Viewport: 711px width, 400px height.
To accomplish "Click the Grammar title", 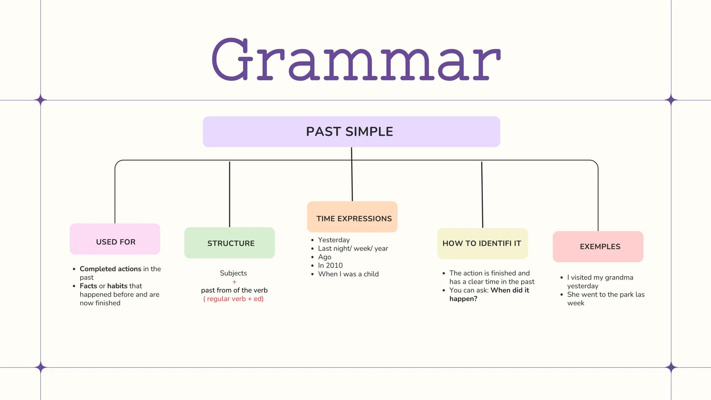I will [x=356, y=59].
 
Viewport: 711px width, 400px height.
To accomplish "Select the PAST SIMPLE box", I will [x=351, y=132].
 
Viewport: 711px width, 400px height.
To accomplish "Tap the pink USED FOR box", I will [x=115, y=239].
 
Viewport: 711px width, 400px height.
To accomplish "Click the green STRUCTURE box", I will [x=229, y=243].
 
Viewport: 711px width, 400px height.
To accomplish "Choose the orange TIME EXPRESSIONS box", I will [x=352, y=217].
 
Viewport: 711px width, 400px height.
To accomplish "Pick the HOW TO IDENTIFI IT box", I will [x=482, y=244].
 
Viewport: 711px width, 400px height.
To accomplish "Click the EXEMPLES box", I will [x=598, y=247].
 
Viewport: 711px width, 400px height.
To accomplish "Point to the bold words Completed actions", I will [x=110, y=269].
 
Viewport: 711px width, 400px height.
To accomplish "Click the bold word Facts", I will [x=88, y=286].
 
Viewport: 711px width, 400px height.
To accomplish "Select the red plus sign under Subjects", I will [x=234, y=282].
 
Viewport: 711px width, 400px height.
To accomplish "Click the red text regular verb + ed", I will [x=233, y=299].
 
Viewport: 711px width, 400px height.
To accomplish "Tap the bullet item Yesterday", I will [x=333, y=240].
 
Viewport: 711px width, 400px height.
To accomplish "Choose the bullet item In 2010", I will [x=330, y=266].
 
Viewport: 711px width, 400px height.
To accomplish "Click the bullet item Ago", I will [x=325, y=257].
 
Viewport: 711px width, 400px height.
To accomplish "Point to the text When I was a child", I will [x=348, y=274].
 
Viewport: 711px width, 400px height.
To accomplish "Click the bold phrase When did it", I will [x=509, y=290].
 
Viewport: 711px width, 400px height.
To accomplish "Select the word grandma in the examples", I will [x=619, y=277].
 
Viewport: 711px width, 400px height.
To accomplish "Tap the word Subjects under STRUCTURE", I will [x=233, y=273].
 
